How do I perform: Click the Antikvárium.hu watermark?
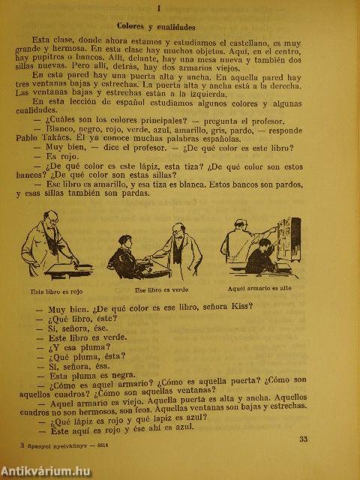[49, 469]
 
